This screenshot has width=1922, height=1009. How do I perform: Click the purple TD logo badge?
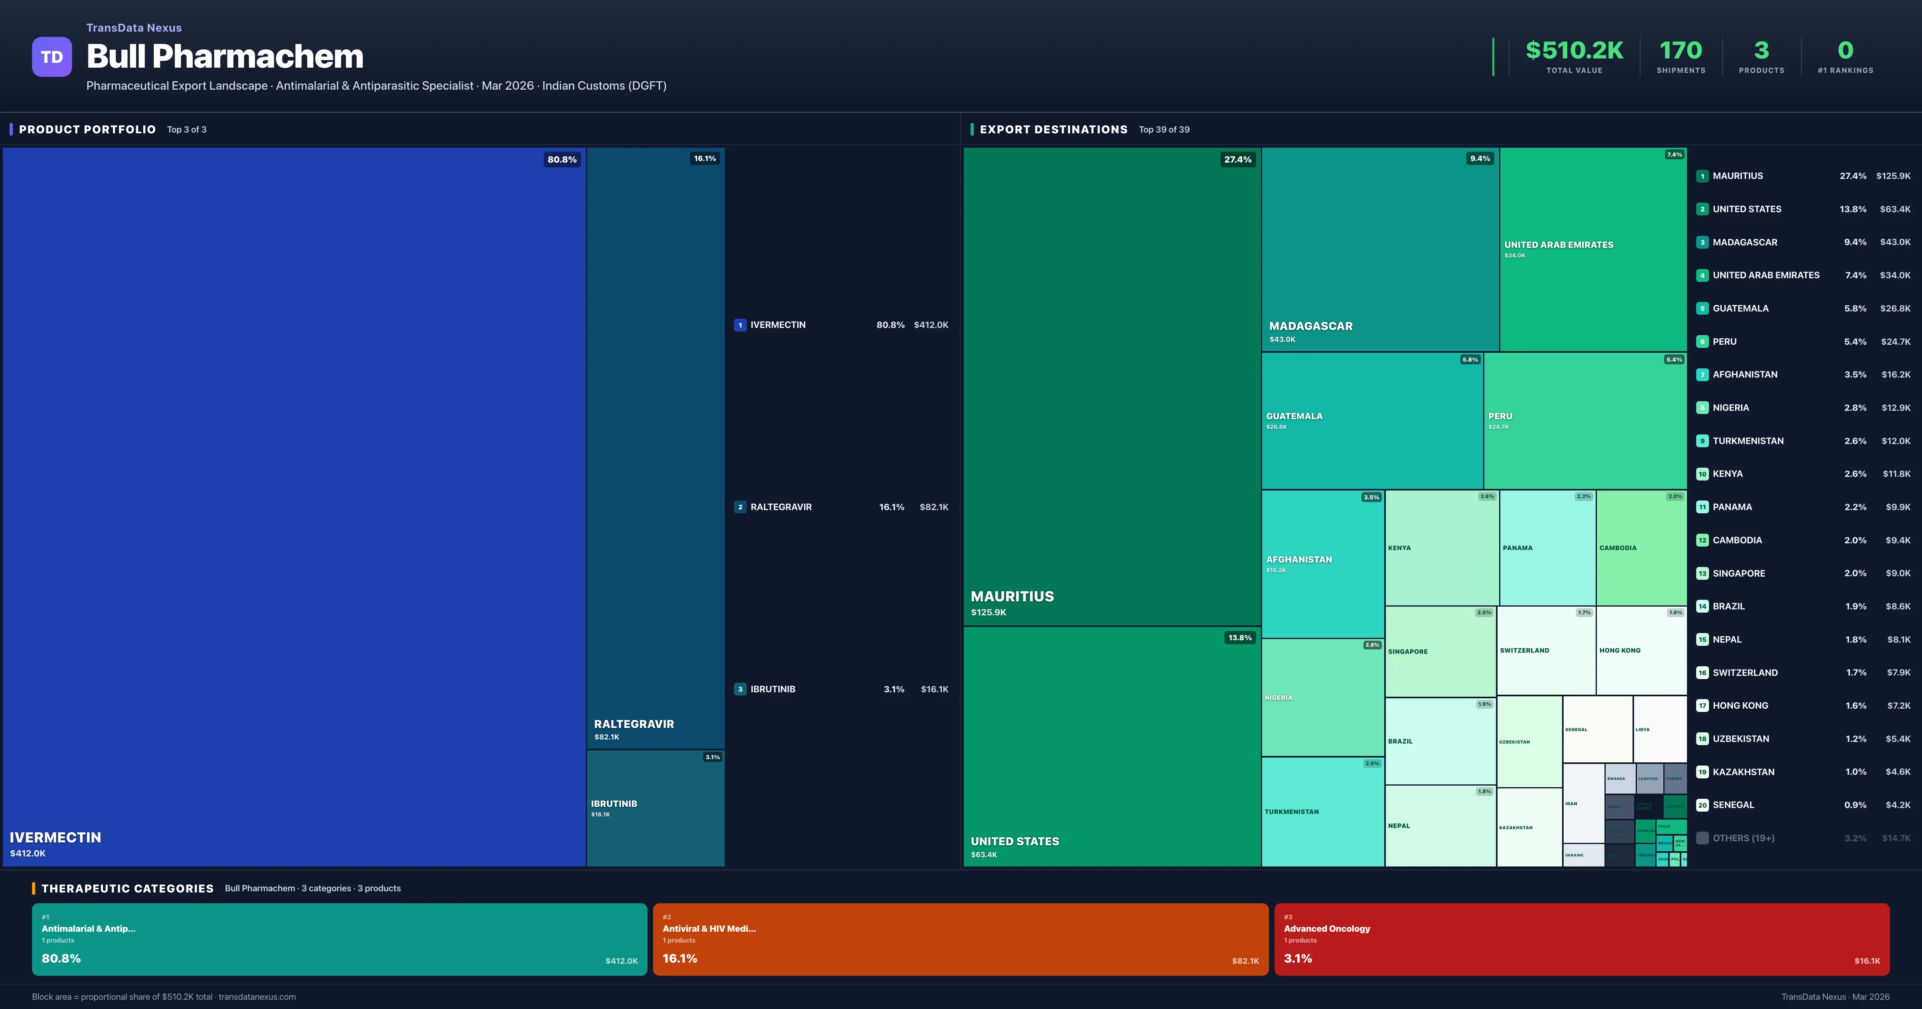pyautogui.click(x=52, y=57)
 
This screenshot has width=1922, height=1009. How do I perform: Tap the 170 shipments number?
pyautogui.click(x=1680, y=50)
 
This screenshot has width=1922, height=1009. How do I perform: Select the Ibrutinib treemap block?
pyautogui.click(x=655, y=808)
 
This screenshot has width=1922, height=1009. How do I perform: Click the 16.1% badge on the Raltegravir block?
pyautogui.click(x=704, y=158)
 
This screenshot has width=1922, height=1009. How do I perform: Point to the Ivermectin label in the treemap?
pyautogui.click(x=55, y=837)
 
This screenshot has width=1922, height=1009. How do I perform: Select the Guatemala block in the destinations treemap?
pyautogui.click(x=1371, y=421)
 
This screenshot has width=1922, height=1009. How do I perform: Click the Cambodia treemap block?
pyautogui.click(x=1641, y=548)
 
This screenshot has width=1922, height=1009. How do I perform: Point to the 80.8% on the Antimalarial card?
pyautogui.click(x=61, y=958)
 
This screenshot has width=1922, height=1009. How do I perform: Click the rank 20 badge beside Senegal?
pyautogui.click(x=1702, y=805)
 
